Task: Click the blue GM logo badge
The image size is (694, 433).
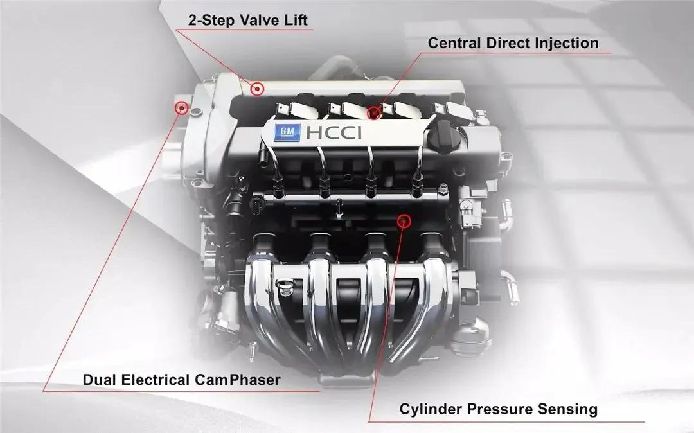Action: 287,133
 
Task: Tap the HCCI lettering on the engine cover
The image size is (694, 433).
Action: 334,133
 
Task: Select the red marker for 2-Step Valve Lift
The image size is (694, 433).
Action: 256,89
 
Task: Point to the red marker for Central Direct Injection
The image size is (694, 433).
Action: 375,112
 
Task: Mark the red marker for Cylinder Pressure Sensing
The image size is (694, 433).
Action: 404,221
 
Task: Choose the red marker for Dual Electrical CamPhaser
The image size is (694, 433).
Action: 181,107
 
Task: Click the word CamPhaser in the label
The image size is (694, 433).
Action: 237,380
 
